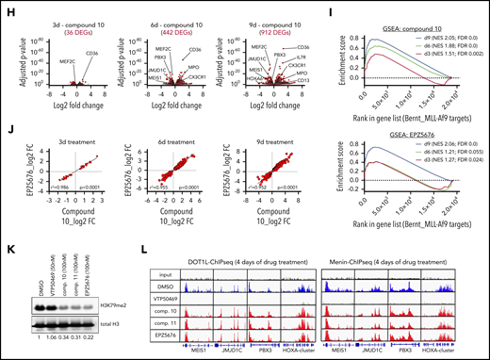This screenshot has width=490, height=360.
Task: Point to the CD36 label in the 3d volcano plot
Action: pos(92,54)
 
